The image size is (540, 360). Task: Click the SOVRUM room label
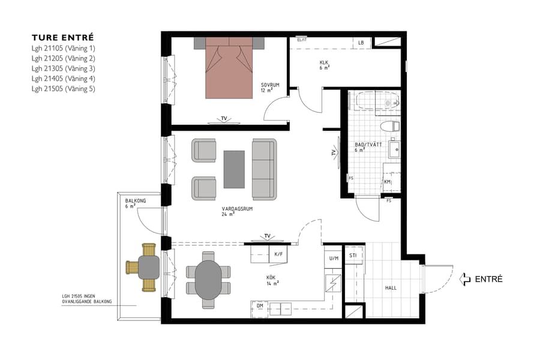(270, 85)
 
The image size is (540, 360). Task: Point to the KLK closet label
(324, 62)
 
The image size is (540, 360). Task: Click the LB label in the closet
(361, 43)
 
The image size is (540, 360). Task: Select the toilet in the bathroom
(391, 127)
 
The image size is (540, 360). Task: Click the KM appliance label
(388, 182)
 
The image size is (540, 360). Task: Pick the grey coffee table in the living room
(234, 169)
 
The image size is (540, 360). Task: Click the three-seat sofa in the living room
(264, 170)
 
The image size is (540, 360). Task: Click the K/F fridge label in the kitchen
(278, 254)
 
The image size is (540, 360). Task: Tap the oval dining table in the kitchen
(208, 280)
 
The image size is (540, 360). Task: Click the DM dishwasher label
(260, 306)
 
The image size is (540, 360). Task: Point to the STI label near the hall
(353, 254)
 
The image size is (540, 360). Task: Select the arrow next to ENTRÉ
(464, 279)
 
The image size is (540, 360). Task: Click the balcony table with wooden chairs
(145, 266)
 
